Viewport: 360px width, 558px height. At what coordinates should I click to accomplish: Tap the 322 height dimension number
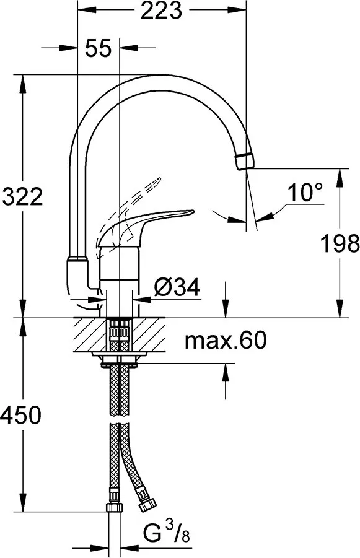pyautogui.click(x=22, y=197)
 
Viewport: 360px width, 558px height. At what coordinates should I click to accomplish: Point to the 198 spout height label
pyautogui.click(x=340, y=243)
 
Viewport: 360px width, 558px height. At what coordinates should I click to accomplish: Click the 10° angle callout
pyautogui.click(x=305, y=193)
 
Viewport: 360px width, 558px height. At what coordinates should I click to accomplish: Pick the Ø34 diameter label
pyautogui.click(x=177, y=287)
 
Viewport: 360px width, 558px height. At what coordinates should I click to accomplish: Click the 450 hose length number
pyautogui.click(x=22, y=415)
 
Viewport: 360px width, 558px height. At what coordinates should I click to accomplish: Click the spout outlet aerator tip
pyautogui.click(x=245, y=160)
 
